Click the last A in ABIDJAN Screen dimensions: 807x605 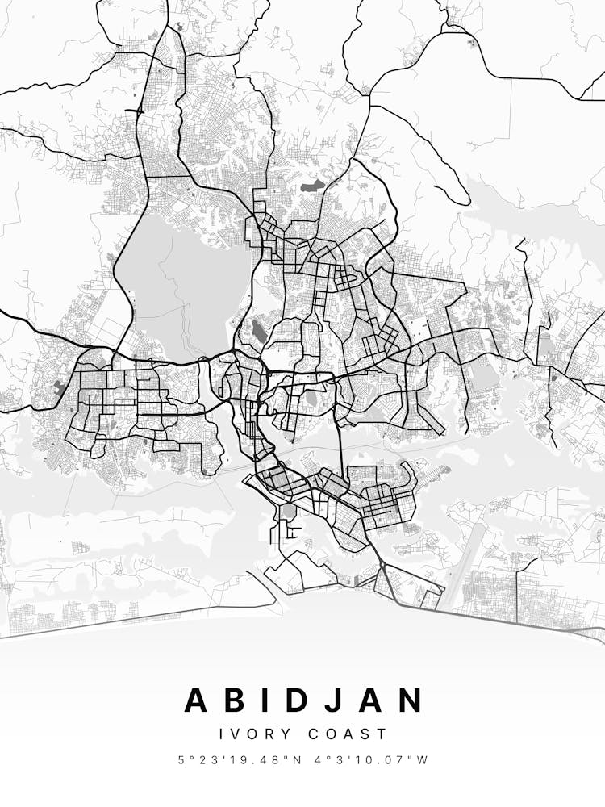click(370, 700)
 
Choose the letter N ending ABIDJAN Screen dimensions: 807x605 click(411, 700)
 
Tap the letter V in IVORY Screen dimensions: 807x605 click(238, 734)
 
